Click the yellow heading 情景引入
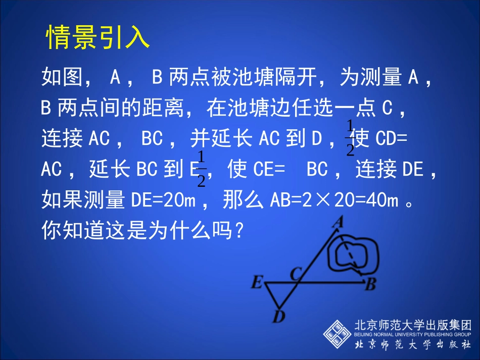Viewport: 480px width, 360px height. pyautogui.click(x=99, y=37)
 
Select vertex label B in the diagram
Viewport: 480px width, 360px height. pyautogui.click(x=370, y=285)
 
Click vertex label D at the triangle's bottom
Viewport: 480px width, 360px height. pyautogui.click(x=278, y=317)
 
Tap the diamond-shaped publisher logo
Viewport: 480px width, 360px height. pyautogui.click(x=338, y=334)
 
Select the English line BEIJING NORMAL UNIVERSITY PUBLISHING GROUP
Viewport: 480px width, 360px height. pyautogui.click(x=413, y=334)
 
